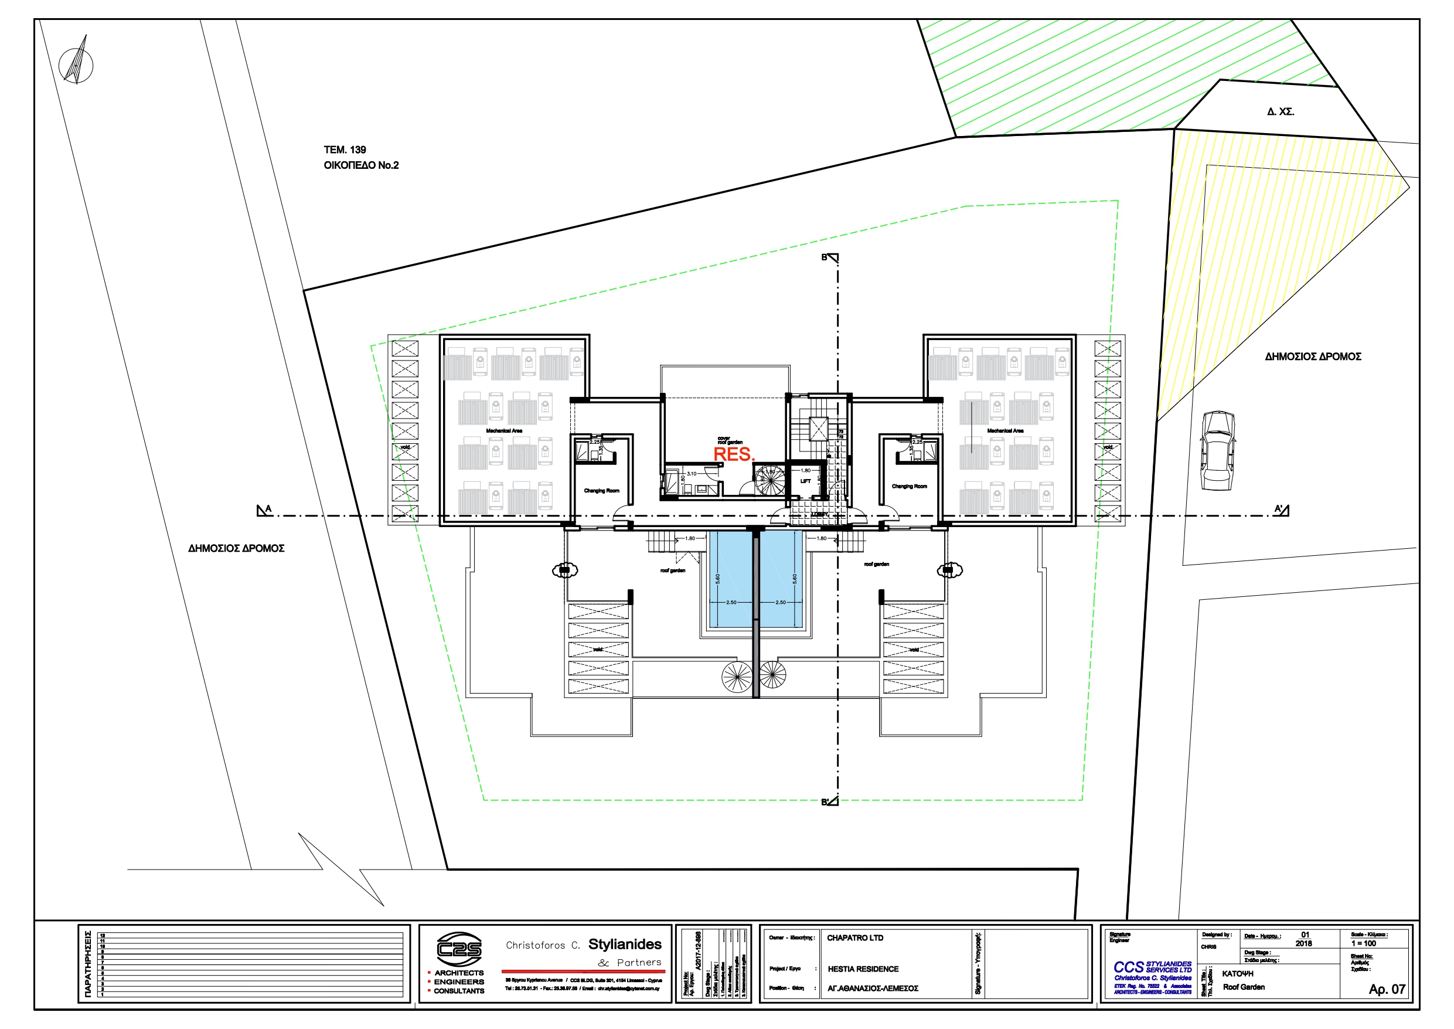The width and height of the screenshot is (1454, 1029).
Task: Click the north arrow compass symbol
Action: [x=76, y=64]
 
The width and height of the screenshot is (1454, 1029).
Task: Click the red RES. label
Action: [x=734, y=454]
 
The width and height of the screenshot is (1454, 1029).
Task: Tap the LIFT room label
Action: [x=805, y=481]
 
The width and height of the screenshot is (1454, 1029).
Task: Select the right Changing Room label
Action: [x=909, y=486]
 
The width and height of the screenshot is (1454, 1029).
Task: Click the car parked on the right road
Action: [x=1217, y=450]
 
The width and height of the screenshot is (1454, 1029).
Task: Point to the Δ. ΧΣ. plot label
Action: [x=1280, y=111]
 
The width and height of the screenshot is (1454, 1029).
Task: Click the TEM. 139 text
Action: [x=345, y=150]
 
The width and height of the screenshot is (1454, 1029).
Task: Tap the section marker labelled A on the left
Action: [x=264, y=510]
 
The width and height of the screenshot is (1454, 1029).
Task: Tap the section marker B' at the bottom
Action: [x=830, y=802]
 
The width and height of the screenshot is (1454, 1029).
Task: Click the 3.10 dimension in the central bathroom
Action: [x=692, y=473]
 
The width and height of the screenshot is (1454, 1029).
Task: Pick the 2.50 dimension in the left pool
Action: [x=731, y=602]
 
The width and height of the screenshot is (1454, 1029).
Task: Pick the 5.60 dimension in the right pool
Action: [x=794, y=579]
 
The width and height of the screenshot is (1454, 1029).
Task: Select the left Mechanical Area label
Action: [x=503, y=431]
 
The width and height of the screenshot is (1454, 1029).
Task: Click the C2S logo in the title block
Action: [x=459, y=949]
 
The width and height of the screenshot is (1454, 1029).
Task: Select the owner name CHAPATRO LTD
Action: [x=854, y=938]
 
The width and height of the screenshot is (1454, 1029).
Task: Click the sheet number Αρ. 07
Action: [x=1386, y=989]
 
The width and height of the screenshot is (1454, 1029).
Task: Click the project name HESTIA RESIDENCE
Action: [x=863, y=969]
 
